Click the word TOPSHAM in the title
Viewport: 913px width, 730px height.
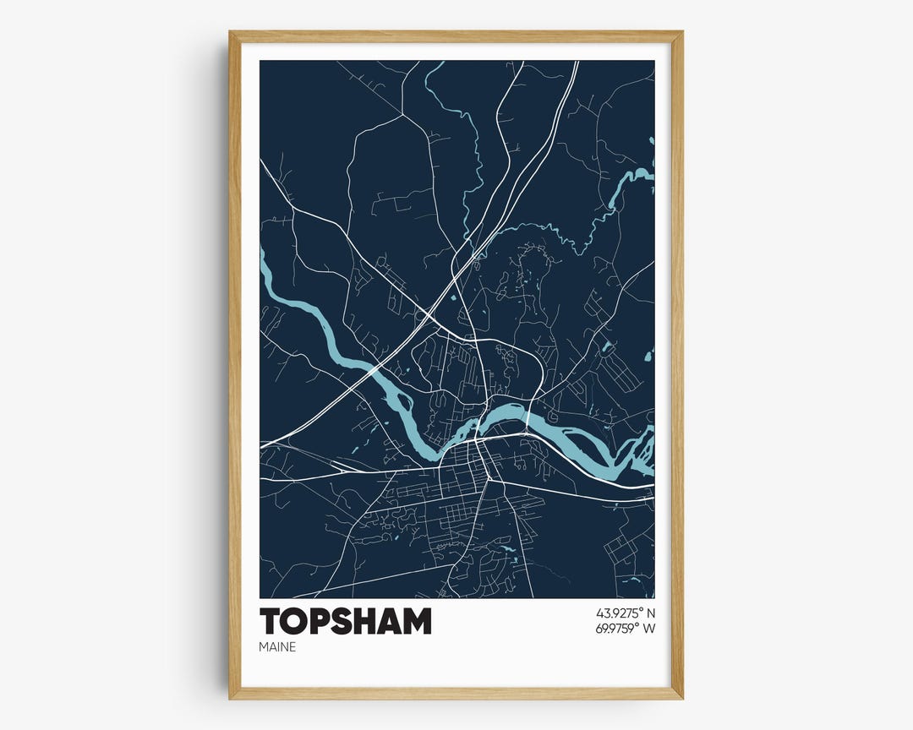[345, 621]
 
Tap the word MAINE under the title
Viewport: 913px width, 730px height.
[278, 648]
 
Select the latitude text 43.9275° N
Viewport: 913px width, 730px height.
[626, 613]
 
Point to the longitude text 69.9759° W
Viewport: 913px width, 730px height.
[626, 628]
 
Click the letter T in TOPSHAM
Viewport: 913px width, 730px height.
[271, 621]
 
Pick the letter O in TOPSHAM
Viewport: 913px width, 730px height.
[296, 621]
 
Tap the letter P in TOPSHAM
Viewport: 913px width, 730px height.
[321, 621]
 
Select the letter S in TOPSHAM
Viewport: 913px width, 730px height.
[344, 621]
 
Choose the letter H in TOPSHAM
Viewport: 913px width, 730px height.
[368, 621]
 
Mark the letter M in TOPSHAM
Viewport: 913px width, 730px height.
[416, 621]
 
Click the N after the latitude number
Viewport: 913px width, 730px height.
[651, 613]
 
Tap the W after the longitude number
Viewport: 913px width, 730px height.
[649, 628]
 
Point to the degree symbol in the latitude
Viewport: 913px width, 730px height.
[640, 609]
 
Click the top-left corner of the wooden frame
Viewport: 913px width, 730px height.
[231, 33]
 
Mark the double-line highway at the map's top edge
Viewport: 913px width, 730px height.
[575, 64]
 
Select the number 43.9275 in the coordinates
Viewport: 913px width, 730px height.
[616, 613]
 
